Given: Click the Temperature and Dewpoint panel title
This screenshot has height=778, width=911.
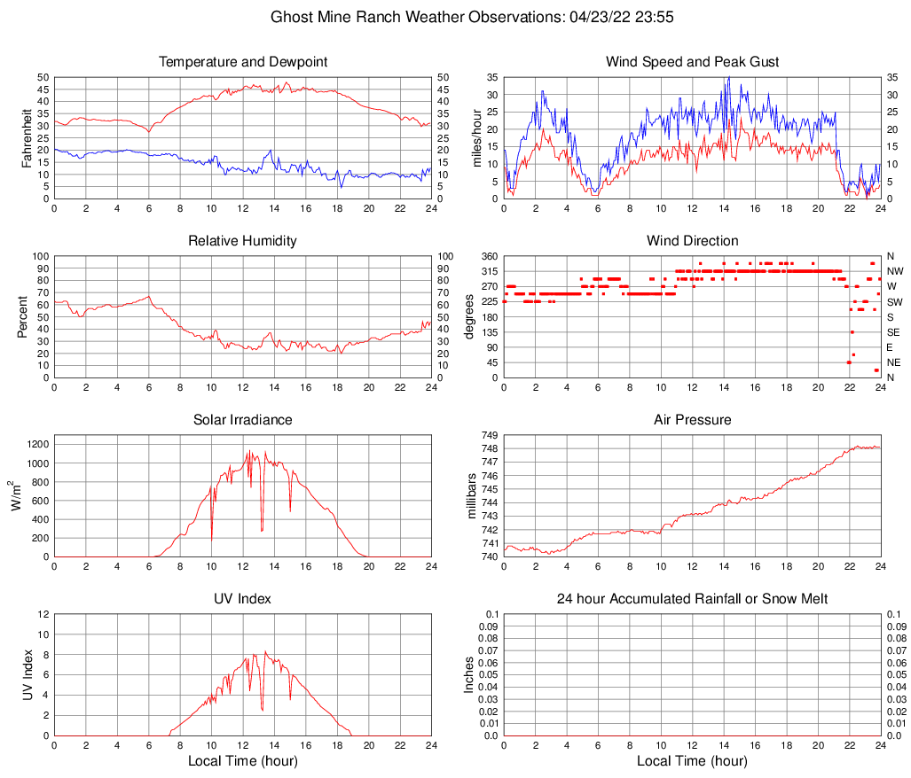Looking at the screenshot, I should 243,62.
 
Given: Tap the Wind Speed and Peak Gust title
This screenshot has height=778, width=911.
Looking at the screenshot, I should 692,62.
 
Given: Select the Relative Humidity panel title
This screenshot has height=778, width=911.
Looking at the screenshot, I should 243,241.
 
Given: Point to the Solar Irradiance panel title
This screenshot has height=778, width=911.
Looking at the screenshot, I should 243,420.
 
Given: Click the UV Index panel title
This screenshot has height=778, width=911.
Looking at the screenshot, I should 243,599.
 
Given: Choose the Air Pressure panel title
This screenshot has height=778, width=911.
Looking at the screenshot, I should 692,420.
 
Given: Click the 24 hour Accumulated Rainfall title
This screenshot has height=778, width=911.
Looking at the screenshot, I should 692,599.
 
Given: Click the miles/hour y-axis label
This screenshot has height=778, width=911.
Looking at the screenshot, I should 476,138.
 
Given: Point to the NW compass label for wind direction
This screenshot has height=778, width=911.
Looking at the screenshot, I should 895,271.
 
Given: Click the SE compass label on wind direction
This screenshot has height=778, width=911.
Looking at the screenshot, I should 894,332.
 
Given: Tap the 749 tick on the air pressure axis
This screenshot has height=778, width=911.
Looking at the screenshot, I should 490,435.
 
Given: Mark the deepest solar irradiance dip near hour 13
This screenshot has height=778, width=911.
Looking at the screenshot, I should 262,530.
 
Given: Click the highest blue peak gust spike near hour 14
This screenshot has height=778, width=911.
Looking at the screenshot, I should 728,78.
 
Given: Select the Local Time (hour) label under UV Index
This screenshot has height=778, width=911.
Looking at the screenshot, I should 243,761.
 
